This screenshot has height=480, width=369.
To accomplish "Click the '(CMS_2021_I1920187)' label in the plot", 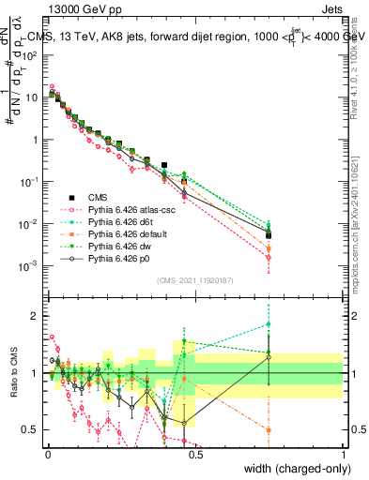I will click(193, 280).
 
